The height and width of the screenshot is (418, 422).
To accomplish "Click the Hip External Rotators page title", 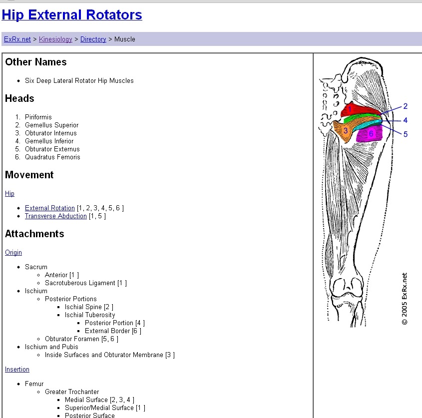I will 72,15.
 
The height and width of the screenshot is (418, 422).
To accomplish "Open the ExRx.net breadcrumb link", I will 17,39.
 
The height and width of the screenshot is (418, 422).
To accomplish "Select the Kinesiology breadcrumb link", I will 55,39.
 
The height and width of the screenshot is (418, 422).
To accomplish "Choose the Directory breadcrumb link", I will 93,39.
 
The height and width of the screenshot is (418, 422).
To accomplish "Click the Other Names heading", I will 35,62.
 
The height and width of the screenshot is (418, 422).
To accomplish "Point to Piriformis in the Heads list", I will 38,117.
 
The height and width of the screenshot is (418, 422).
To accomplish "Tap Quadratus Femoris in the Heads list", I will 52,157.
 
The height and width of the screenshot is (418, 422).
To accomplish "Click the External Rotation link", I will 50,208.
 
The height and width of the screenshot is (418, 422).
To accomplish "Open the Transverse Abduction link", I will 56,216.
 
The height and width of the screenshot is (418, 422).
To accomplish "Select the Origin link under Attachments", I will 13,253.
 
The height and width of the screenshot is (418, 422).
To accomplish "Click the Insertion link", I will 17,370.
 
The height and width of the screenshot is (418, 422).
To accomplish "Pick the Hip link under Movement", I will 9,194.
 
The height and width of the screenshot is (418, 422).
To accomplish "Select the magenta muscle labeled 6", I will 371,134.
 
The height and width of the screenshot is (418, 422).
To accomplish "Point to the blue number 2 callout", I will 406,106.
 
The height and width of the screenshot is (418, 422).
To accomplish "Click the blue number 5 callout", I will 406,134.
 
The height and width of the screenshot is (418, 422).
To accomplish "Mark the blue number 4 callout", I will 406,120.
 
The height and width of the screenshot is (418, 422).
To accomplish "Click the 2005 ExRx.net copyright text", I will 405,299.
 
